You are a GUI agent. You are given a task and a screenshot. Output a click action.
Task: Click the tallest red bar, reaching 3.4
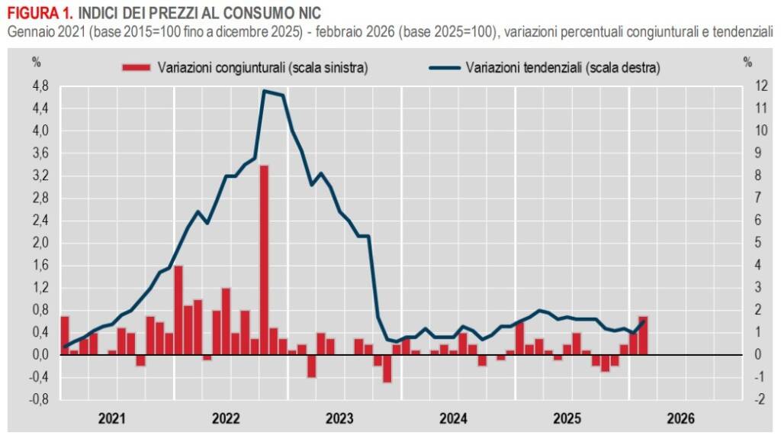point(264,260)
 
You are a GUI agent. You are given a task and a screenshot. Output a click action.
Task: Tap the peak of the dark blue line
point(264,91)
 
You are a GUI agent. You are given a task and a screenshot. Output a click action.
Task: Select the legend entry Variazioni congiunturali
point(244,67)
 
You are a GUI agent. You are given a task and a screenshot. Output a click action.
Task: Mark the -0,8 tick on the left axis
point(38,399)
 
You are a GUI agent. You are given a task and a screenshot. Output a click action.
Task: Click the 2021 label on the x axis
point(113,418)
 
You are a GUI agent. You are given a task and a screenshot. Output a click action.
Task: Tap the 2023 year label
point(339,418)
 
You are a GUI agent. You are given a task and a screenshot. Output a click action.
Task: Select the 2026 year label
point(680,418)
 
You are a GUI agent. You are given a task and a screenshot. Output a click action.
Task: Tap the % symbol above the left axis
point(36,62)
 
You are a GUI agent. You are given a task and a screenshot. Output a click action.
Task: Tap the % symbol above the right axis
point(747,62)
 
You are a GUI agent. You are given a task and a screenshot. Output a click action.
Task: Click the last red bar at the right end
point(643,335)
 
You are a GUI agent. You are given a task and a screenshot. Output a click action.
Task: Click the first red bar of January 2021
point(65,335)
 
